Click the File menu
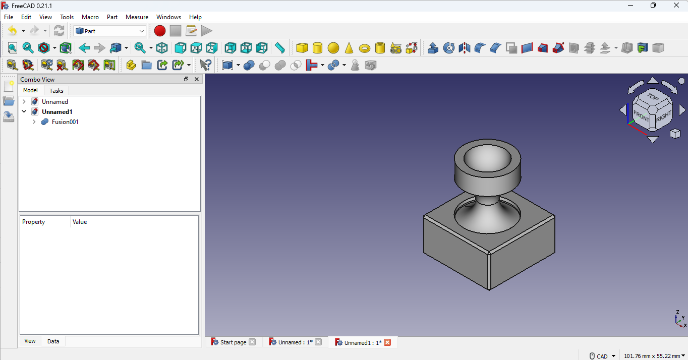tap(9, 17)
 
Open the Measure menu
tap(137, 17)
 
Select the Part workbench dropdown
tap(109, 31)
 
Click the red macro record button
tap(160, 31)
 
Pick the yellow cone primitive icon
tap(349, 48)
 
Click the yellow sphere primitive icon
tap(333, 48)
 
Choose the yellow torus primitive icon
tap(365, 48)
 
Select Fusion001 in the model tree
tap(65, 122)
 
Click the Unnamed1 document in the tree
tap(57, 112)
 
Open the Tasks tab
tap(56, 91)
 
